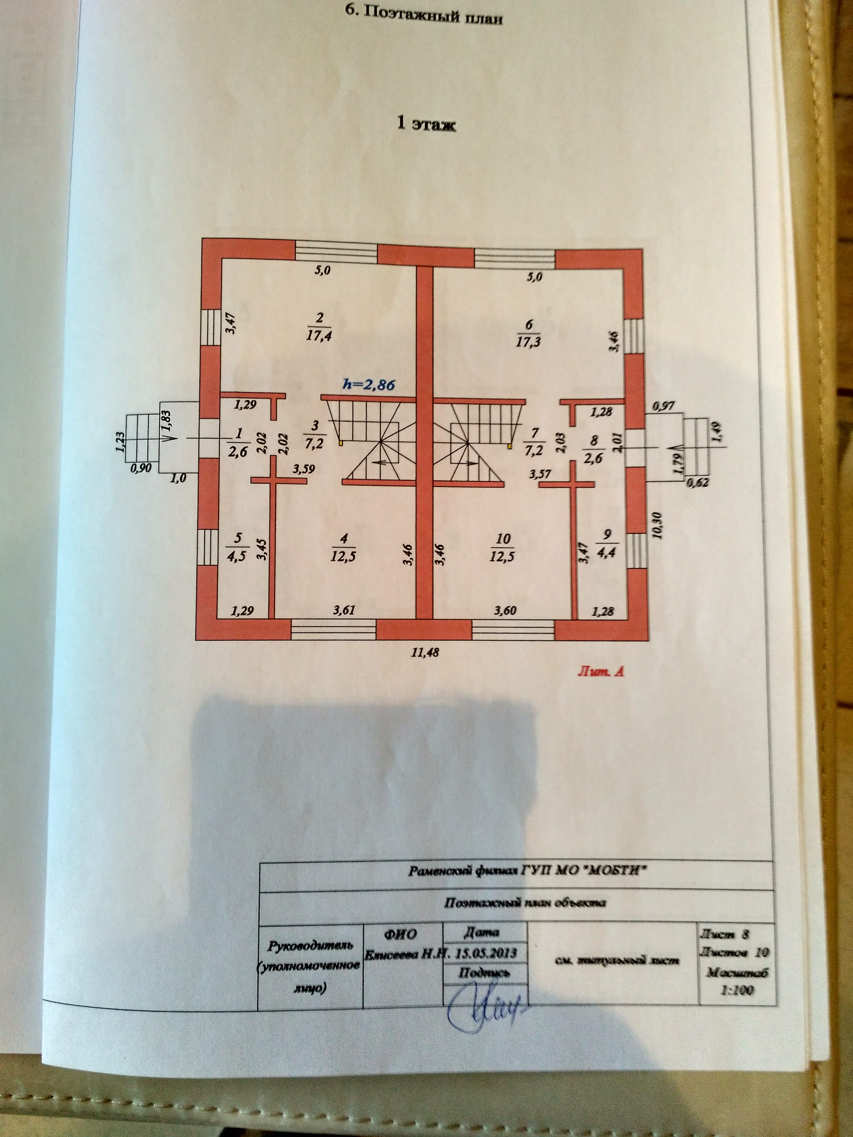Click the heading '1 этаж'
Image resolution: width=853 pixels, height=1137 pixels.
(x=426, y=124)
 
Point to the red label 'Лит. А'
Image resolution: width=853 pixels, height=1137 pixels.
(x=601, y=671)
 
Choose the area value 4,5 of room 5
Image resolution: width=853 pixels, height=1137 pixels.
(x=237, y=555)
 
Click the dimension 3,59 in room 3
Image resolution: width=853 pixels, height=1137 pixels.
(x=303, y=469)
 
